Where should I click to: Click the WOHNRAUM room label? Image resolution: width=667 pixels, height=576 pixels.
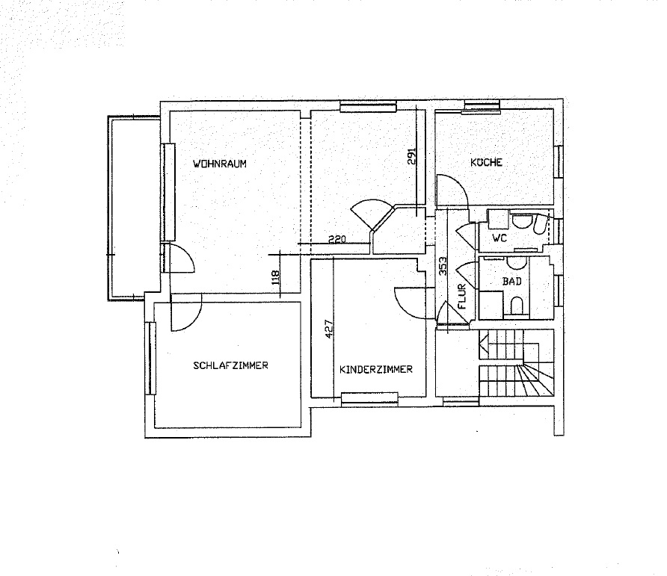point(220,164)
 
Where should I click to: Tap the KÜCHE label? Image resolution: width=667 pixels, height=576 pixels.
point(486,162)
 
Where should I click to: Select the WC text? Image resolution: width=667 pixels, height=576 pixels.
point(500,238)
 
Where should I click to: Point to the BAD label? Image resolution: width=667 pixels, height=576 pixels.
point(511,281)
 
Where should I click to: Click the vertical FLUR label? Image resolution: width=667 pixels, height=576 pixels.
point(462,297)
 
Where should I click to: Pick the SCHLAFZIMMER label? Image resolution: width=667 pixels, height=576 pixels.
point(230,365)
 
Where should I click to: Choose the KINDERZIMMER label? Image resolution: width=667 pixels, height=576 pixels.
point(376,369)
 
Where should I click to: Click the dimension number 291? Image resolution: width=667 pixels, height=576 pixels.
point(411,156)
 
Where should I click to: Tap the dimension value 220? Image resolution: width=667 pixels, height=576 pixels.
point(337,239)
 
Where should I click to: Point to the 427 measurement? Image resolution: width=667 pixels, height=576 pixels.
point(329,329)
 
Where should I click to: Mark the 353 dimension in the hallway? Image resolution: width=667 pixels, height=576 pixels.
point(443,266)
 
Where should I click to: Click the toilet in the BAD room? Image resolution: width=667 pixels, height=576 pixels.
point(516,306)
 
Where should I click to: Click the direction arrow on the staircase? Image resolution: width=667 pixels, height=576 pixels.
point(484,338)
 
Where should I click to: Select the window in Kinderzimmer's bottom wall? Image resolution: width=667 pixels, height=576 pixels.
point(369,398)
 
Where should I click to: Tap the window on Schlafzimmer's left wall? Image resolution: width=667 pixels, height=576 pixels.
point(150,359)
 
